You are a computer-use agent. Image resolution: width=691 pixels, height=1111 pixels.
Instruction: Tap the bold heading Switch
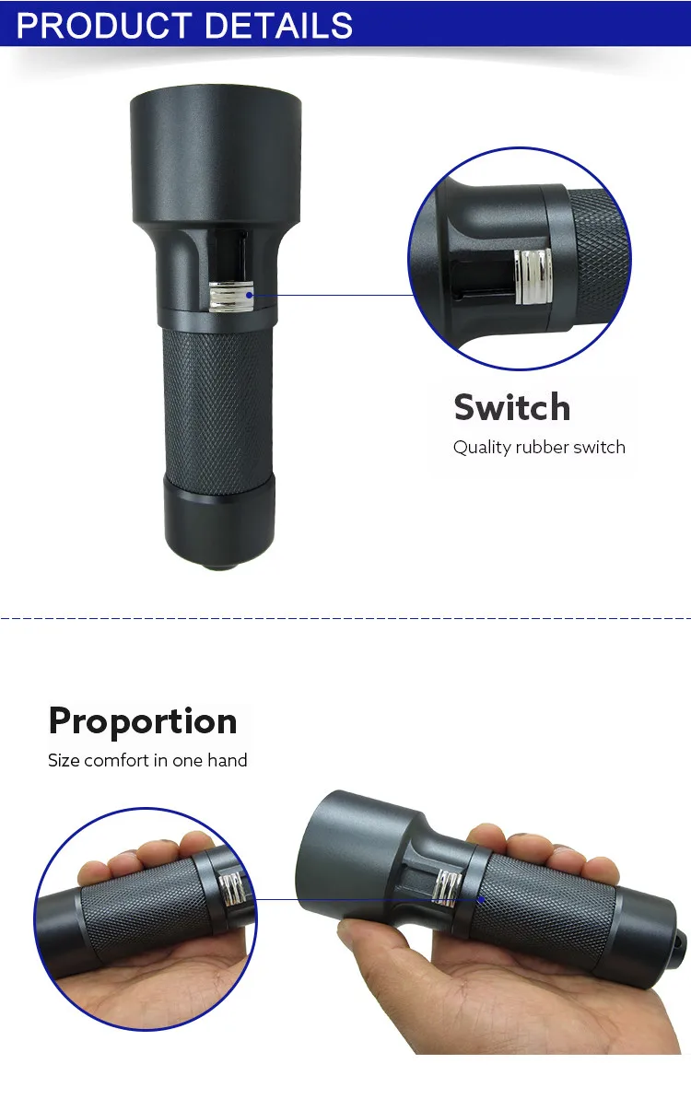click(511, 407)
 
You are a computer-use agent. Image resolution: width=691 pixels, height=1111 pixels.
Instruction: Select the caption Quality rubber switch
click(539, 448)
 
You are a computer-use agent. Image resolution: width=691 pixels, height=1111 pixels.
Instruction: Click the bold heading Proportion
click(143, 720)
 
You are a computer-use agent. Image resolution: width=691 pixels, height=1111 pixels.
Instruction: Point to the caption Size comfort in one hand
click(147, 761)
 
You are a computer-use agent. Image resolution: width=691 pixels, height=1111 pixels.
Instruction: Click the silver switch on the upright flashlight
click(230, 298)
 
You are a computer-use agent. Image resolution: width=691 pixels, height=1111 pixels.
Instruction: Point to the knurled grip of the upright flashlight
click(217, 405)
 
